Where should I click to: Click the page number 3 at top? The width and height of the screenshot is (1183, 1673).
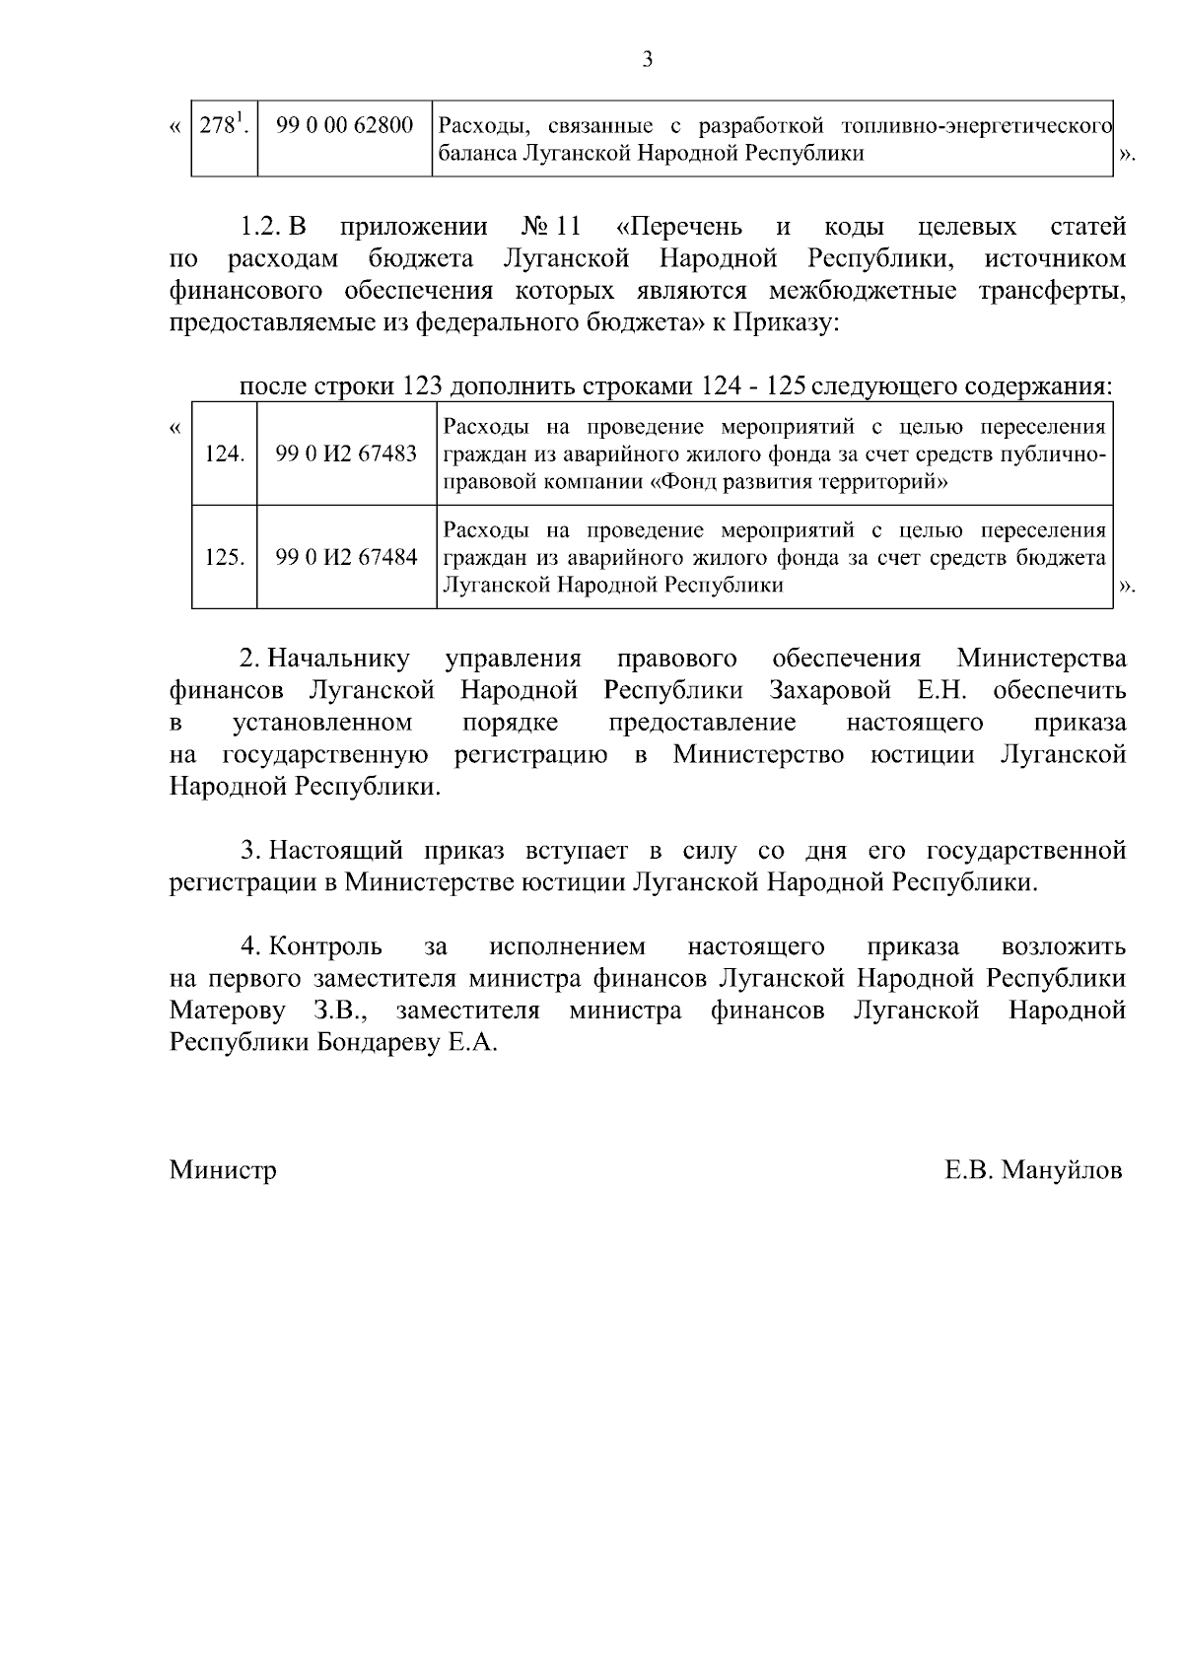[648, 60]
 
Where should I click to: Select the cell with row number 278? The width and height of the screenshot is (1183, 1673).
[223, 127]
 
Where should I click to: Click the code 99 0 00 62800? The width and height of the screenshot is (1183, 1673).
[345, 127]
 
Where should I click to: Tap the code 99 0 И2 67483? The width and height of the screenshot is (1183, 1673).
[346, 454]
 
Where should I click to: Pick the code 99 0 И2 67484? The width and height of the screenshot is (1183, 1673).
[346, 557]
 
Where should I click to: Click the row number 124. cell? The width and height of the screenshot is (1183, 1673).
[224, 454]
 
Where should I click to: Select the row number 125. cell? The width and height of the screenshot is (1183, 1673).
[224, 557]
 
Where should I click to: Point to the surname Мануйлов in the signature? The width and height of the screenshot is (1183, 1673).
[1062, 1170]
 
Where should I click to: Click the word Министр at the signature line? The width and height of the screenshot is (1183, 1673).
[223, 1170]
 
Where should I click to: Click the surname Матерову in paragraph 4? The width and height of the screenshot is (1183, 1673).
[228, 1011]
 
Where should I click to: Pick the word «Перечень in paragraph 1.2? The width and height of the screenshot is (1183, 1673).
[678, 228]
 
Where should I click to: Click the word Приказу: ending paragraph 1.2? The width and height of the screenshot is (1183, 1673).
[784, 323]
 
